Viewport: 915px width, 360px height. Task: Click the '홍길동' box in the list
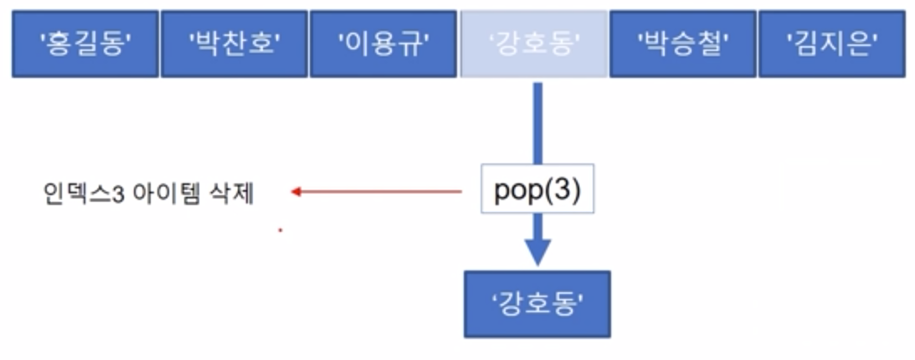coord(85,44)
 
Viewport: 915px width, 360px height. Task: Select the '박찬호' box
coord(234,44)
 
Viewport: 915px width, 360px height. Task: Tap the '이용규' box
coord(383,44)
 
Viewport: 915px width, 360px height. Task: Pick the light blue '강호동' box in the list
coord(533,44)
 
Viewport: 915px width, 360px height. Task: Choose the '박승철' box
coord(682,44)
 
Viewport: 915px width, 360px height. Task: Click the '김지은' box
coord(831,44)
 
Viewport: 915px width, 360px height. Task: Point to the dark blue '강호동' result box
coord(537,303)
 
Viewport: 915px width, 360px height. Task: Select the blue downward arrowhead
coord(537,250)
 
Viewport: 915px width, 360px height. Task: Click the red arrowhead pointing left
coord(296,193)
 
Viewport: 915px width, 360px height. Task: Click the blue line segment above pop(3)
coord(537,121)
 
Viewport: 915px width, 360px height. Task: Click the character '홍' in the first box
coord(68,44)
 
